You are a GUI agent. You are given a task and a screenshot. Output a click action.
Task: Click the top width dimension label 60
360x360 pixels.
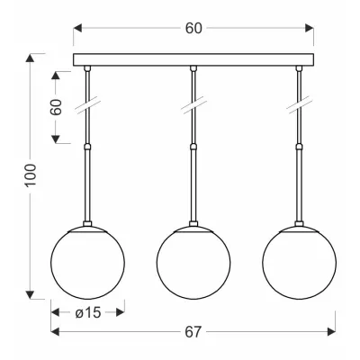193,28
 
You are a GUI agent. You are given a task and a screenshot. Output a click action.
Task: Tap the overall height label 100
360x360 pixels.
31,175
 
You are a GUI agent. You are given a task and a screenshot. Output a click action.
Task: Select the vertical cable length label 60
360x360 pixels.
56,107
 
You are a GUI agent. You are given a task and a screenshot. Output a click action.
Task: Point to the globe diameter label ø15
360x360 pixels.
88,313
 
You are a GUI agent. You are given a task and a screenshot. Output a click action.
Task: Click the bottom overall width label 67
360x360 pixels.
193,332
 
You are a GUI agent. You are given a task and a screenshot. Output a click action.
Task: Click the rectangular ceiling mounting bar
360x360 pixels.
193,59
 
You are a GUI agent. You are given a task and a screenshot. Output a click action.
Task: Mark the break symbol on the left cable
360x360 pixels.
87,105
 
